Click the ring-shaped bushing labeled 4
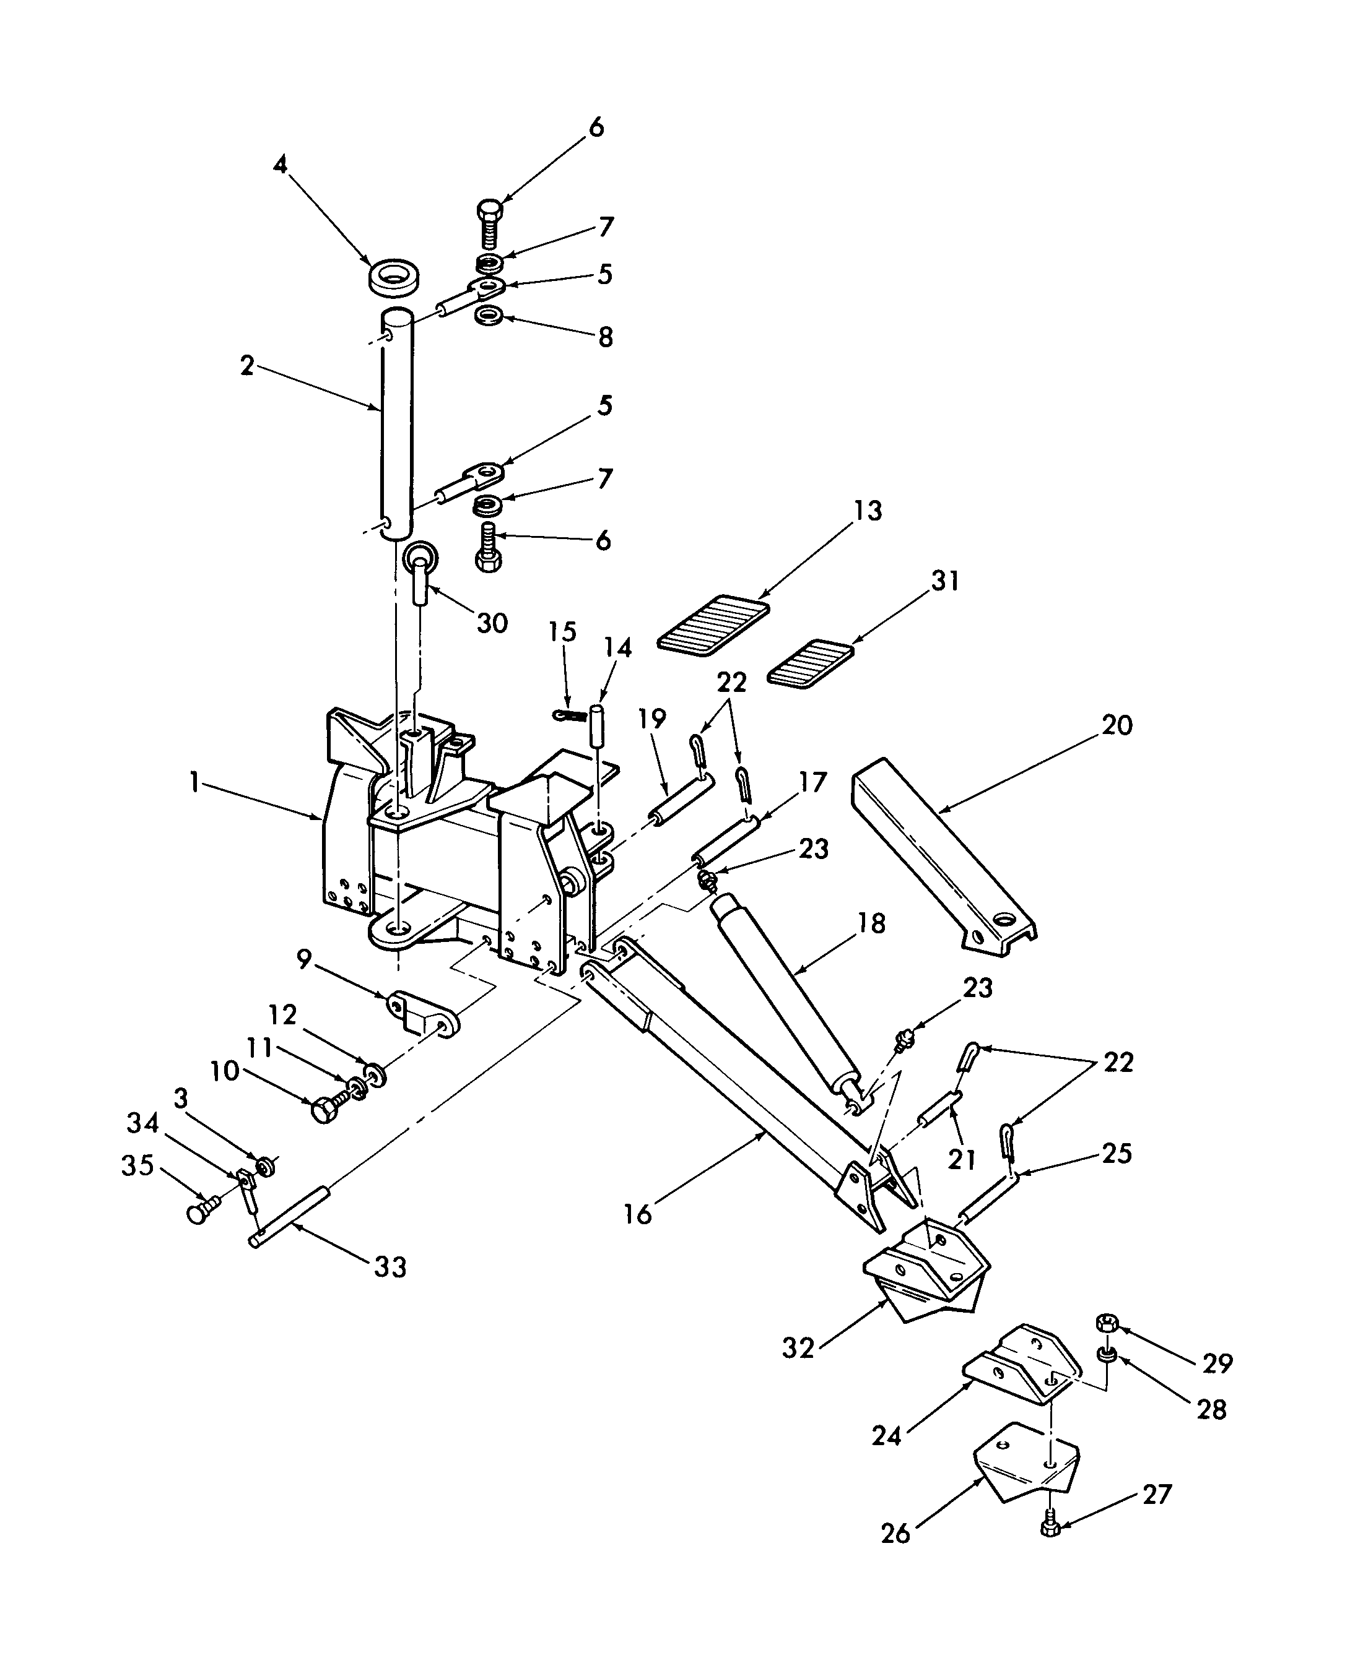[x=394, y=279]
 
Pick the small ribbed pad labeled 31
[x=811, y=662]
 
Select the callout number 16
[x=638, y=1214]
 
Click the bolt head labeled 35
[x=199, y=1214]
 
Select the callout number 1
[x=194, y=783]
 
